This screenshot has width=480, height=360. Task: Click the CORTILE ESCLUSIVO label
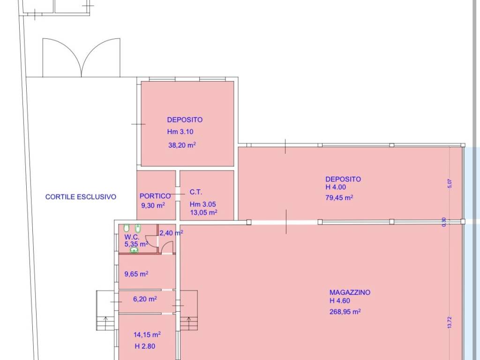click(81, 197)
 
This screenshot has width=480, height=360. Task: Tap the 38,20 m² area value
click(182, 145)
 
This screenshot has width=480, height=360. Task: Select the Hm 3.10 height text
click(180, 132)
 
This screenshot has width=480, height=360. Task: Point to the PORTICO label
click(155, 196)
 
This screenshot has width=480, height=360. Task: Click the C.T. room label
click(196, 192)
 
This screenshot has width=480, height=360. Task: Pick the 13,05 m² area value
click(204, 212)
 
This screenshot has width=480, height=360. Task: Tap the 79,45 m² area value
click(339, 197)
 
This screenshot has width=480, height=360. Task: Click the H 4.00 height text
click(336, 187)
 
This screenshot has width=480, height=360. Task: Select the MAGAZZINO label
click(350, 292)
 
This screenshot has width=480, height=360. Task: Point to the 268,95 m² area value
click(345, 312)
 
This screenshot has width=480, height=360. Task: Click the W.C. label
click(132, 237)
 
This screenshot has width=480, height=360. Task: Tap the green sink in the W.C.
click(134, 250)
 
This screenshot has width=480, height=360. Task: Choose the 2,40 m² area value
click(172, 233)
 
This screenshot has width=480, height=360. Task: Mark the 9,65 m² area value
click(136, 274)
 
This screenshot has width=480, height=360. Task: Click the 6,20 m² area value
click(145, 299)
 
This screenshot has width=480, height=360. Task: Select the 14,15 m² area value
click(147, 334)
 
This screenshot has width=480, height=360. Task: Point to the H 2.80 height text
click(145, 346)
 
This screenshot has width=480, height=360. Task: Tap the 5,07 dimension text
click(450, 183)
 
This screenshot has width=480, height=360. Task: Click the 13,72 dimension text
click(450, 322)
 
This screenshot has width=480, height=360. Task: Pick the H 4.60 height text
click(340, 301)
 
